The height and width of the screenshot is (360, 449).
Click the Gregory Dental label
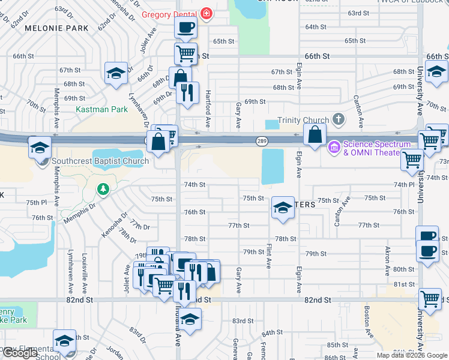170,14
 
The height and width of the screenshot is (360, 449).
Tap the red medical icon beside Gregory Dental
206,13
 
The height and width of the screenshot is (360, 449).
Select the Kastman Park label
102,110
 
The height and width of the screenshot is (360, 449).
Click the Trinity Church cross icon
339,119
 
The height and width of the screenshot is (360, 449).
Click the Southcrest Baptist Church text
100,161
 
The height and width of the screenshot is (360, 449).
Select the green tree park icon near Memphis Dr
103,190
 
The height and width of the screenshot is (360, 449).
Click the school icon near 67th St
116,73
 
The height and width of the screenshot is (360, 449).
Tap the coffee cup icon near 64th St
186,26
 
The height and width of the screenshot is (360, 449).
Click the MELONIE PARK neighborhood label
56,28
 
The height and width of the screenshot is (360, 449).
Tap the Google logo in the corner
20,353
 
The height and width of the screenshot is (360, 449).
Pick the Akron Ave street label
388,259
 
